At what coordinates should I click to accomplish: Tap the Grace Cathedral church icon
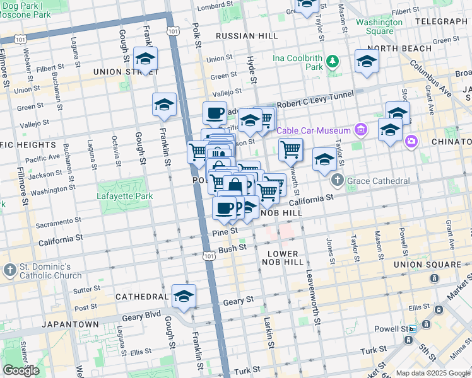click(x=338, y=181)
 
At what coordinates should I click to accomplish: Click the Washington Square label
click(x=379, y=26)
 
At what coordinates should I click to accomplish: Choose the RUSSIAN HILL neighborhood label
click(x=244, y=36)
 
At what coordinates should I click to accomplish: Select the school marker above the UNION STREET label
click(x=145, y=59)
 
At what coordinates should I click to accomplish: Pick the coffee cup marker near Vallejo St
click(x=215, y=113)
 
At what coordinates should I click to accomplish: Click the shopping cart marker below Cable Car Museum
click(x=291, y=149)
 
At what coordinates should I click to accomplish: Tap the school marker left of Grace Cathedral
click(x=324, y=159)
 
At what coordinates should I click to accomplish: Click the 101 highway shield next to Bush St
click(x=208, y=256)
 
